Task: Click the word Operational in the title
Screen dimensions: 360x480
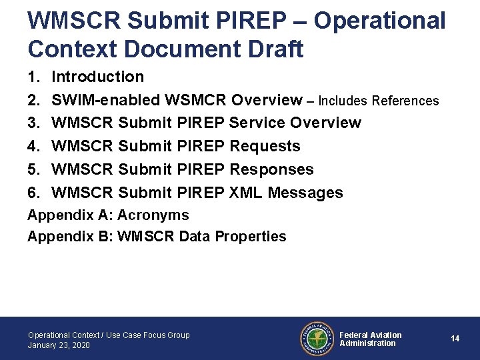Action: click(379, 21)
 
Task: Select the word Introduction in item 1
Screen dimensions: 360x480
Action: click(97, 77)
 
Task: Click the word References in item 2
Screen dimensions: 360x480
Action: click(405, 101)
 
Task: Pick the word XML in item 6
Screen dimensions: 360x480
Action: click(245, 193)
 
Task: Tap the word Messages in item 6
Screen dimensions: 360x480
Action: click(305, 193)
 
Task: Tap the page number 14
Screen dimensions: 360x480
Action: click(455, 339)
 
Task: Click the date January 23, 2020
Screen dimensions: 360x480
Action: click(59, 345)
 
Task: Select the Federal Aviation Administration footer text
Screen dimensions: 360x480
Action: click(370, 339)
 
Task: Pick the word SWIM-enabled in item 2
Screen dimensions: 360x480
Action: click(105, 100)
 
